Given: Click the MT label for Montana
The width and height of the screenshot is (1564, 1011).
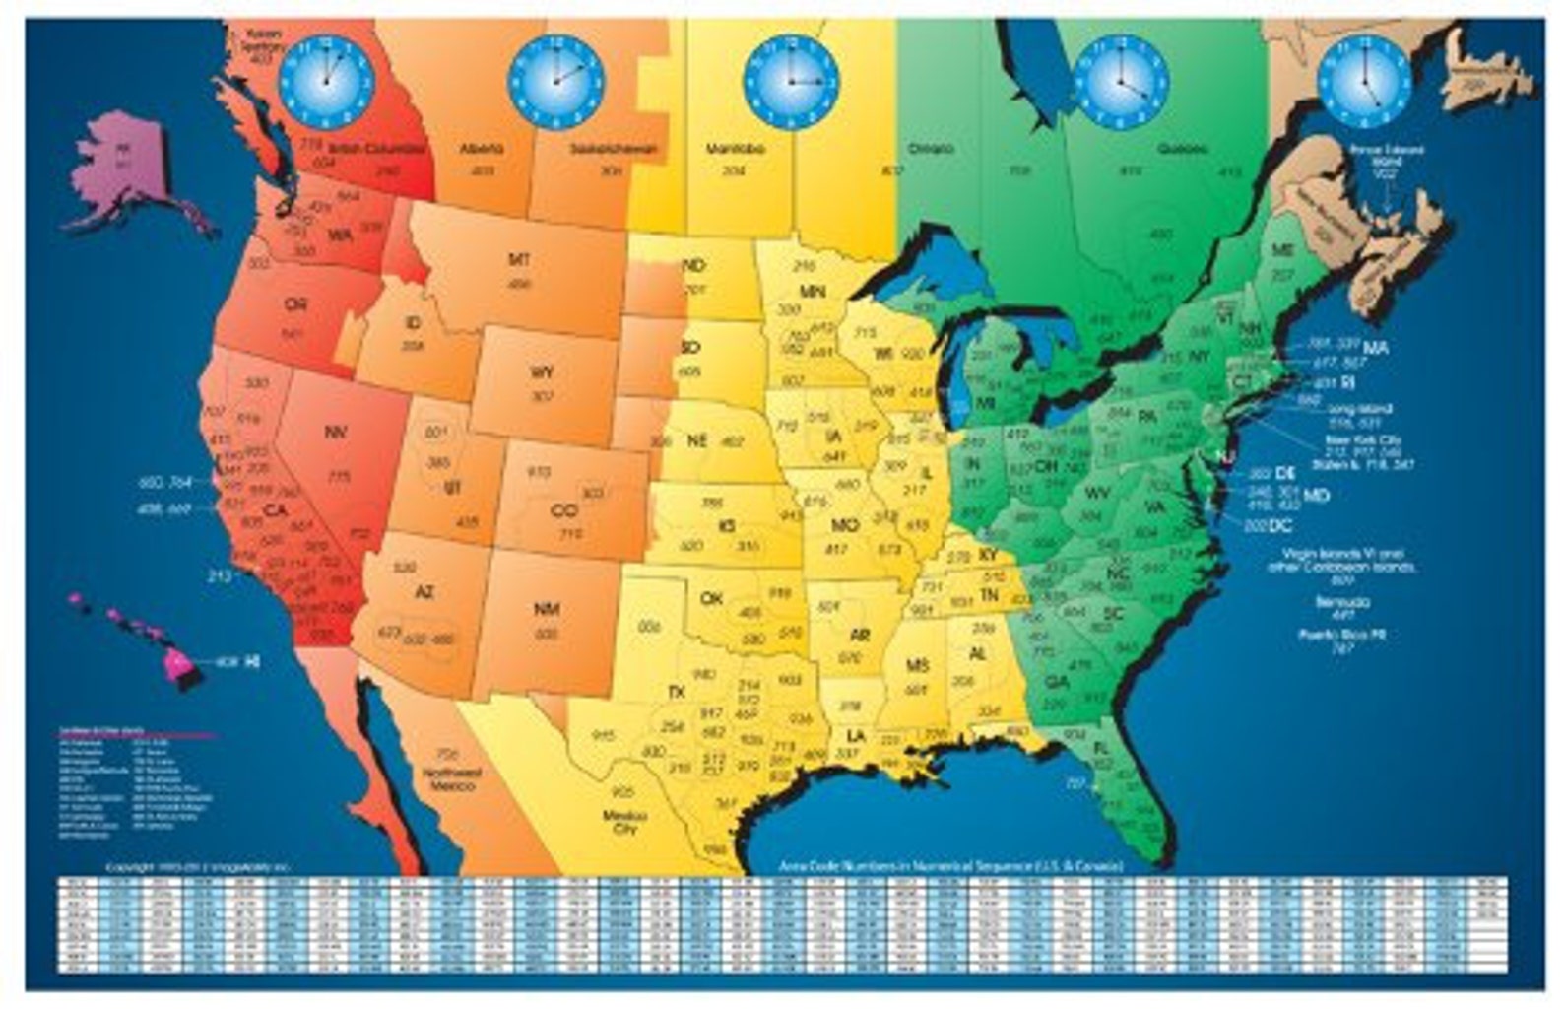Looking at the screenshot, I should pyautogui.click(x=519, y=260).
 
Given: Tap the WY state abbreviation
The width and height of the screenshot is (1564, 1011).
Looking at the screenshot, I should pyautogui.click(x=542, y=372).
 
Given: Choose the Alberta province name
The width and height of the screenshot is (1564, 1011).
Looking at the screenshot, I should pyautogui.click(x=482, y=149).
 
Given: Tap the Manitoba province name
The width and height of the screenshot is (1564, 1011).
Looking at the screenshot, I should pyautogui.click(x=736, y=150).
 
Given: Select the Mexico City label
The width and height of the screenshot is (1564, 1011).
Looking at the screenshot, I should pyautogui.click(x=624, y=821).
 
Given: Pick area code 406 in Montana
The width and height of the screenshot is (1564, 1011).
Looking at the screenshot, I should pyautogui.click(x=519, y=284).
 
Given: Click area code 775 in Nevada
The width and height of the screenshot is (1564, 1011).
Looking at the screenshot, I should pyautogui.click(x=339, y=478).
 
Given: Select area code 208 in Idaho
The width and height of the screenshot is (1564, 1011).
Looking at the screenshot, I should pyautogui.click(x=414, y=346).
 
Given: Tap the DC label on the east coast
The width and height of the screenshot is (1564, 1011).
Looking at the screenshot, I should pyautogui.click(x=1280, y=527).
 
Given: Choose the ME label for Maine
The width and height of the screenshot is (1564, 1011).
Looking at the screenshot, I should pyautogui.click(x=1282, y=251).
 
